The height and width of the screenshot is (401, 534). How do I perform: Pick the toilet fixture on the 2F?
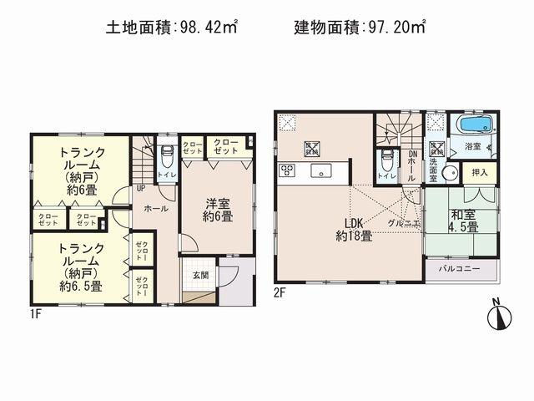point(386,162)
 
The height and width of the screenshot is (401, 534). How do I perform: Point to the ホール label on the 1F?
point(156,208)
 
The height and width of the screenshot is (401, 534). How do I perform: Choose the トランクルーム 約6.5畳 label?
point(81,266)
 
